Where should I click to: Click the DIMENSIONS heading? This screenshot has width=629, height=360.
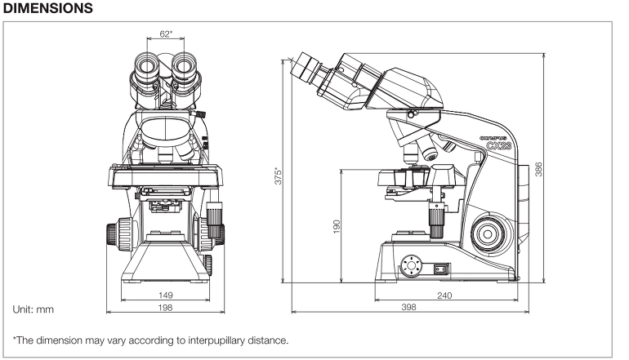[51, 9]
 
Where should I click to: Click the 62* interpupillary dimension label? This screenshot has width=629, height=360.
[166, 34]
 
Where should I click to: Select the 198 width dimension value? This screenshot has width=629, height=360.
[166, 307]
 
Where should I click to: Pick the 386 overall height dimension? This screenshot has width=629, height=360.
[539, 169]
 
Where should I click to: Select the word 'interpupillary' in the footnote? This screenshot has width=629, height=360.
[197, 340]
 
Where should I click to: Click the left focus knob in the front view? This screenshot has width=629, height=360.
[115, 232]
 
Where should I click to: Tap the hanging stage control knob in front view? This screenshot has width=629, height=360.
[214, 221]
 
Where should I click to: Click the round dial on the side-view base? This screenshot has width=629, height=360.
[410, 265]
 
